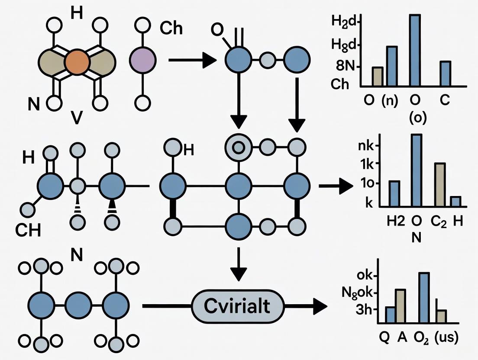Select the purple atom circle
pyautogui.click(x=142, y=60)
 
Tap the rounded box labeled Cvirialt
pyautogui.click(x=237, y=306)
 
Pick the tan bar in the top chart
pyautogui.click(x=378, y=76)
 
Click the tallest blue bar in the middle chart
pyautogui.click(x=417, y=170)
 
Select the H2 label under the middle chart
pyautogui.click(x=395, y=221)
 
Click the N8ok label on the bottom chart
pyautogui.click(x=362, y=293)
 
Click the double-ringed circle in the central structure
pyautogui.click(x=238, y=148)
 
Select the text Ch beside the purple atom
pyautogui.click(x=171, y=29)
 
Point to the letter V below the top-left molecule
pyautogui.click(x=76, y=118)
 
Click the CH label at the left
pyautogui.click(x=28, y=230)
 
